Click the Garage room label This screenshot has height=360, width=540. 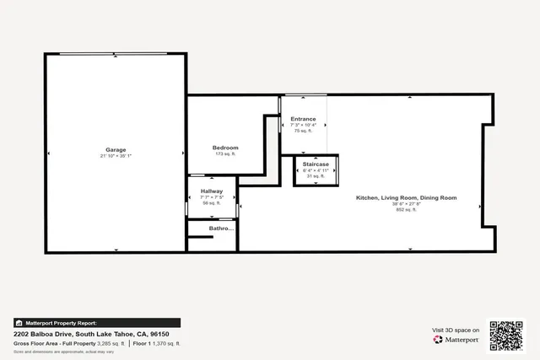tap(116, 149)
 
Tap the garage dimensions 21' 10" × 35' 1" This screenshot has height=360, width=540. tap(116, 156)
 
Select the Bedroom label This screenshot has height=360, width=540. tap(224, 148)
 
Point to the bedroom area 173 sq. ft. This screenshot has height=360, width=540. tap(224, 154)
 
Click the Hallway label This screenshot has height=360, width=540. tap(211, 191)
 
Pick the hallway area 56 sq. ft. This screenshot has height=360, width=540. tap(211, 203)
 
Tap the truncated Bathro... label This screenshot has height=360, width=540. tap(211, 228)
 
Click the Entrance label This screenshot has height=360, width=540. tap(303, 119)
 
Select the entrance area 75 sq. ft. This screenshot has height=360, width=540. tap(303, 131)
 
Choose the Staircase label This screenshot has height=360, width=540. tap(316, 164)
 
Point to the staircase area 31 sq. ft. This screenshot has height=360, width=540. tap(316, 175)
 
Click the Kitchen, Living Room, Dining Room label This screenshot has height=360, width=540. tap(406, 197)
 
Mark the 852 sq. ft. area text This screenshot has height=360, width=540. tap(406, 209)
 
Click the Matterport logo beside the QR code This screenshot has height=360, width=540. tap(456, 340)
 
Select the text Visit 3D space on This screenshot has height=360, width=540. tap(456, 330)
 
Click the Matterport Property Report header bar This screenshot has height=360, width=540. tap(96, 323)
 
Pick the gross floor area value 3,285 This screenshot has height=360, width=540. tap(110, 344)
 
